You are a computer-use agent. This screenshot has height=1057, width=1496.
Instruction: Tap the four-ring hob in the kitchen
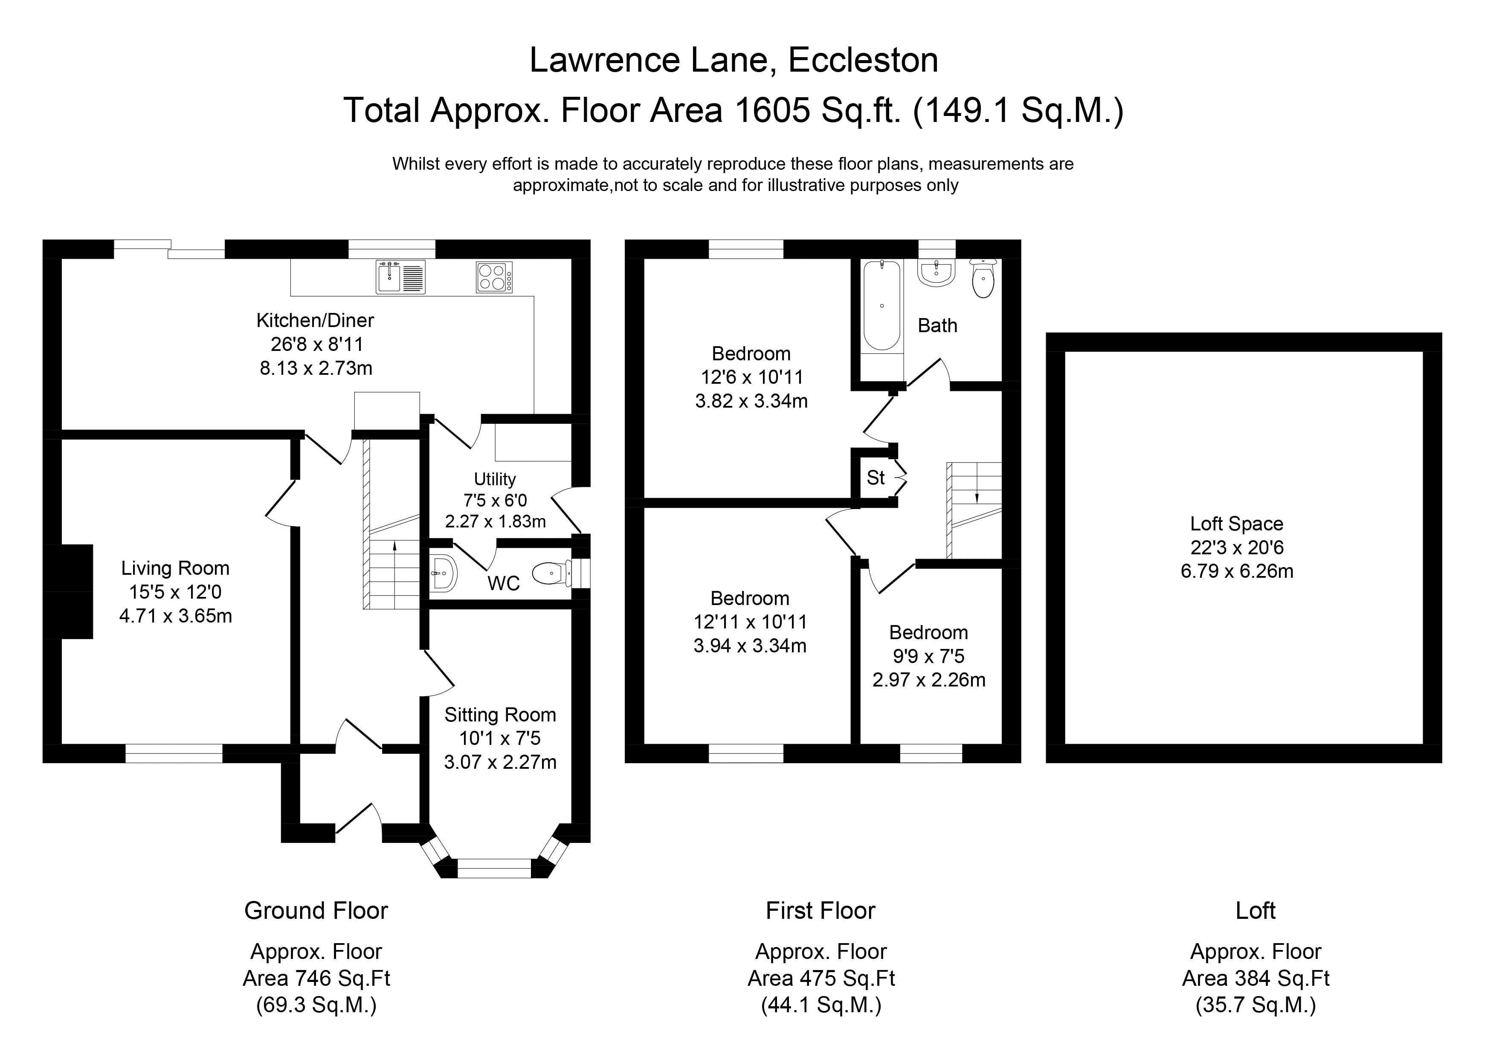pyautogui.click(x=494, y=277)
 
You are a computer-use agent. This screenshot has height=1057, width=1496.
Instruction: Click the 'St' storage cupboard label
pyautogui.click(x=876, y=478)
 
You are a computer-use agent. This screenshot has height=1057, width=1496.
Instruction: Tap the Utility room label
pyautogui.click(x=495, y=479)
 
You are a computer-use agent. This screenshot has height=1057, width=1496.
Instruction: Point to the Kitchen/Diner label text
pyautogui.click(x=315, y=320)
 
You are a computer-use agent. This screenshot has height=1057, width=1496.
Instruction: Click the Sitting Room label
pyautogui.click(x=500, y=715)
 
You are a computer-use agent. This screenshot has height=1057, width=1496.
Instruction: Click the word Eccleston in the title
pyautogui.click(x=863, y=60)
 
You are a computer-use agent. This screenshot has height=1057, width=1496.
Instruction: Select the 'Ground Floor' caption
pyautogui.click(x=316, y=910)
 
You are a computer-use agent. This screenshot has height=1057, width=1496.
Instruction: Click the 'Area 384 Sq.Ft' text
pyautogui.click(x=1255, y=978)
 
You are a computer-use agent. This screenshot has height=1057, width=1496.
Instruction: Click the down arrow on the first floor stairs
pyautogui.click(x=977, y=497)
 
